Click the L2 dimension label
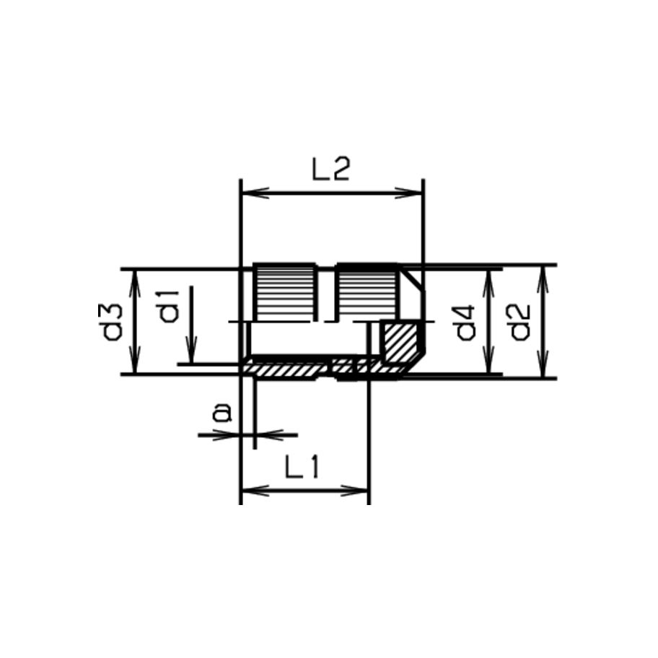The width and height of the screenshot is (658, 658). click(330, 171)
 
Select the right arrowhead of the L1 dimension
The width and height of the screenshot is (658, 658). click(362, 491)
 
